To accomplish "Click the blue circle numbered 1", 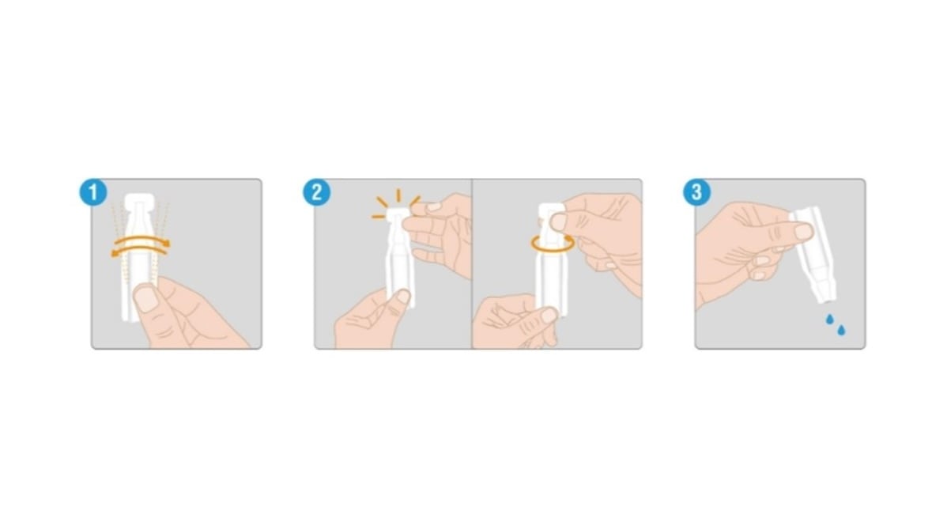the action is [x=93, y=192].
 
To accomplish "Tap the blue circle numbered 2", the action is [x=317, y=192].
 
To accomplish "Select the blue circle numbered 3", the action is [x=696, y=192].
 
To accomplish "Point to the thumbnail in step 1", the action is [x=145, y=298].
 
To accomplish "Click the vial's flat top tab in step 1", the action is [x=140, y=200].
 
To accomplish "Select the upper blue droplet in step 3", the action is [x=830, y=320].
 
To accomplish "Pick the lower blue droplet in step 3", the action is [x=841, y=330].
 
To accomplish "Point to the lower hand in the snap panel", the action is [x=372, y=320].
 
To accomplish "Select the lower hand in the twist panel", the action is [x=515, y=321].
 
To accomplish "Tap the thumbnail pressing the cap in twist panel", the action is [x=558, y=222].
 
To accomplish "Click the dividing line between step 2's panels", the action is [x=472, y=263].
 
